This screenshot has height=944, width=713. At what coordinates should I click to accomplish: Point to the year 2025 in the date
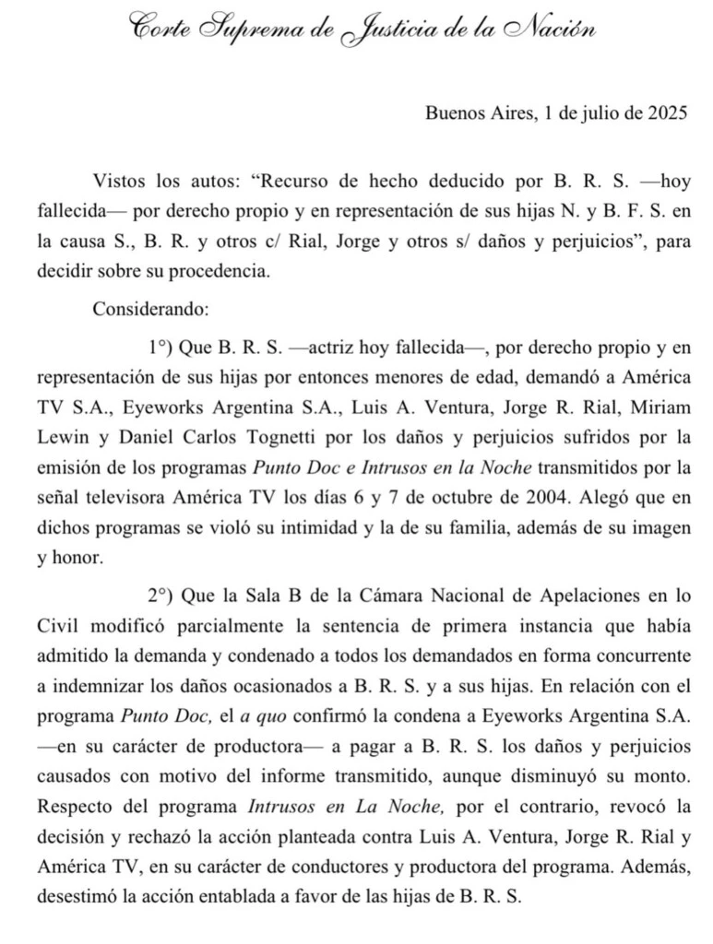[664, 113]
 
